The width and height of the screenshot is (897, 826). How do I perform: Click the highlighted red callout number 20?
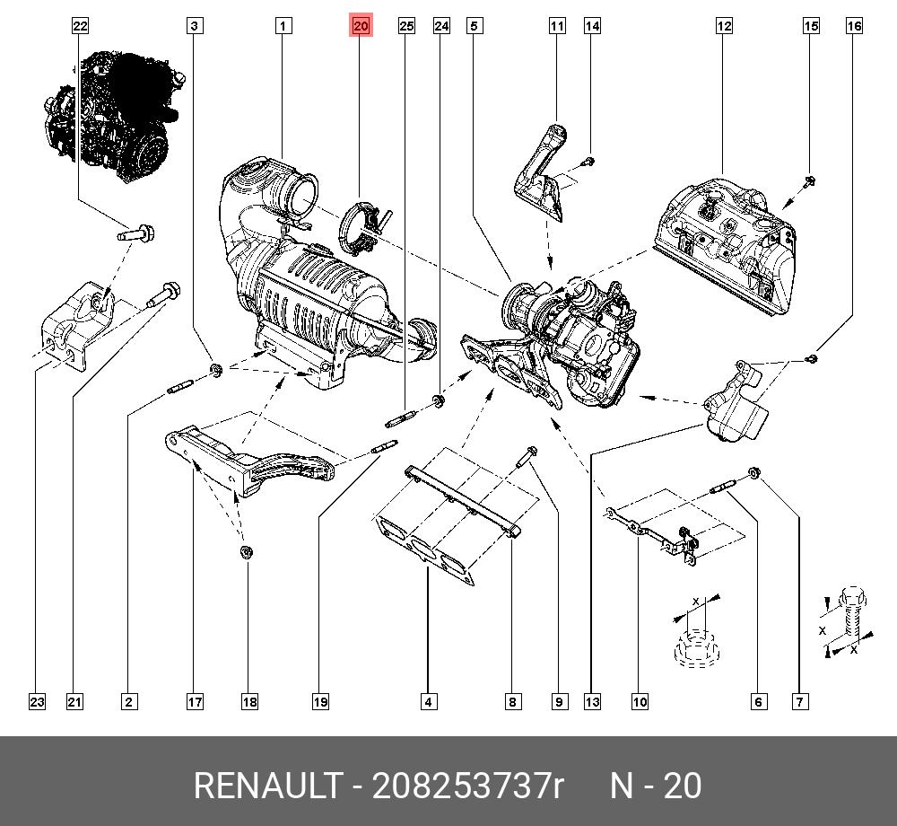(x=361, y=26)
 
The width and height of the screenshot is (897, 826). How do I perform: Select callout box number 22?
(x=81, y=26)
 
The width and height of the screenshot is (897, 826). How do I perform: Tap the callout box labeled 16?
(x=854, y=26)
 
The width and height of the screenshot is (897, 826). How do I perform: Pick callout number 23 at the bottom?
(x=36, y=702)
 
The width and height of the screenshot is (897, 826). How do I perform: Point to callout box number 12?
(x=724, y=26)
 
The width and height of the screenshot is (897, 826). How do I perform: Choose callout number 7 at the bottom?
(x=798, y=702)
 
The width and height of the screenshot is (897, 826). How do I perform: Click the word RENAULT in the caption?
(x=267, y=786)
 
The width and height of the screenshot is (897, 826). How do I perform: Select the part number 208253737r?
(x=467, y=786)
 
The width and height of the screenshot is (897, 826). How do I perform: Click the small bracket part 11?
(x=543, y=175)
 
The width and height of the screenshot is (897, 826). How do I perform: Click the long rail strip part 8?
(x=462, y=499)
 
